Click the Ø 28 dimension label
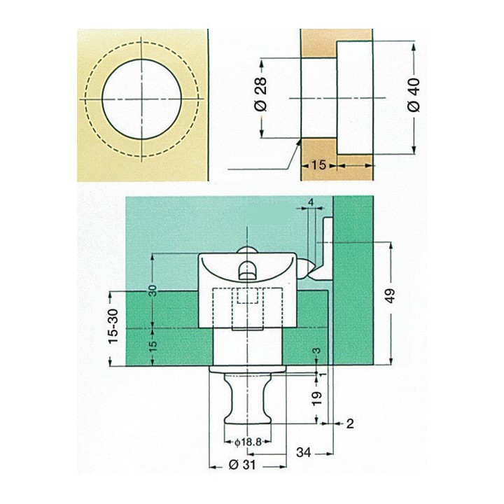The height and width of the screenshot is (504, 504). [x=262, y=94]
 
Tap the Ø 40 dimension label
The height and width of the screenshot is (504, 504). [x=414, y=94]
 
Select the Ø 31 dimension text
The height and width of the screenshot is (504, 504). [x=243, y=465]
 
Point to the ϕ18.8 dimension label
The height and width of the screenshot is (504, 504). [x=248, y=442]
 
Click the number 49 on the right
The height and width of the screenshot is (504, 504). [x=390, y=295]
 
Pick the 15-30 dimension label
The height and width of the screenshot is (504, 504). [x=113, y=326]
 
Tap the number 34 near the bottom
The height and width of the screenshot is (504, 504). [x=304, y=453]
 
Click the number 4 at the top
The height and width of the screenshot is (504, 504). [x=311, y=202]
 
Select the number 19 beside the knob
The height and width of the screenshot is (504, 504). [x=317, y=398]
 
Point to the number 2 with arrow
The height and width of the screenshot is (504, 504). [x=350, y=423]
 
